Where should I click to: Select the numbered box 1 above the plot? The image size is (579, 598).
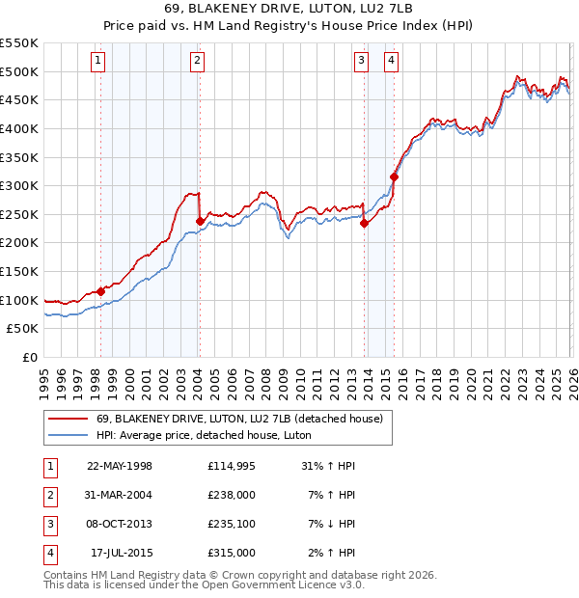pyautogui.click(x=99, y=61)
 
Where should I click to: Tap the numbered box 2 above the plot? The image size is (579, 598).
pyautogui.click(x=197, y=61)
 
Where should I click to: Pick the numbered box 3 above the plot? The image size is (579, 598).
pyautogui.click(x=361, y=61)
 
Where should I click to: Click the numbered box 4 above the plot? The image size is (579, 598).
pyautogui.click(x=391, y=61)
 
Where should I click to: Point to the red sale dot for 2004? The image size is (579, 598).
pyautogui.click(x=200, y=221)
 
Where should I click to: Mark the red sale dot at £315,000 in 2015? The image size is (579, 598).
pyautogui.click(x=394, y=177)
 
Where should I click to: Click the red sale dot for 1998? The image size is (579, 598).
pyautogui.click(x=100, y=291)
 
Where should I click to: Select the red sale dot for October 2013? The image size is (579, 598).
pyautogui.click(x=364, y=223)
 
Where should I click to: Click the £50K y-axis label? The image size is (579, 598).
pyautogui.click(x=23, y=329)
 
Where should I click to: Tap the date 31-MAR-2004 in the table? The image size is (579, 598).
pyautogui.click(x=120, y=495)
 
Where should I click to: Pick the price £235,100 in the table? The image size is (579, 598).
pyautogui.click(x=231, y=524)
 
